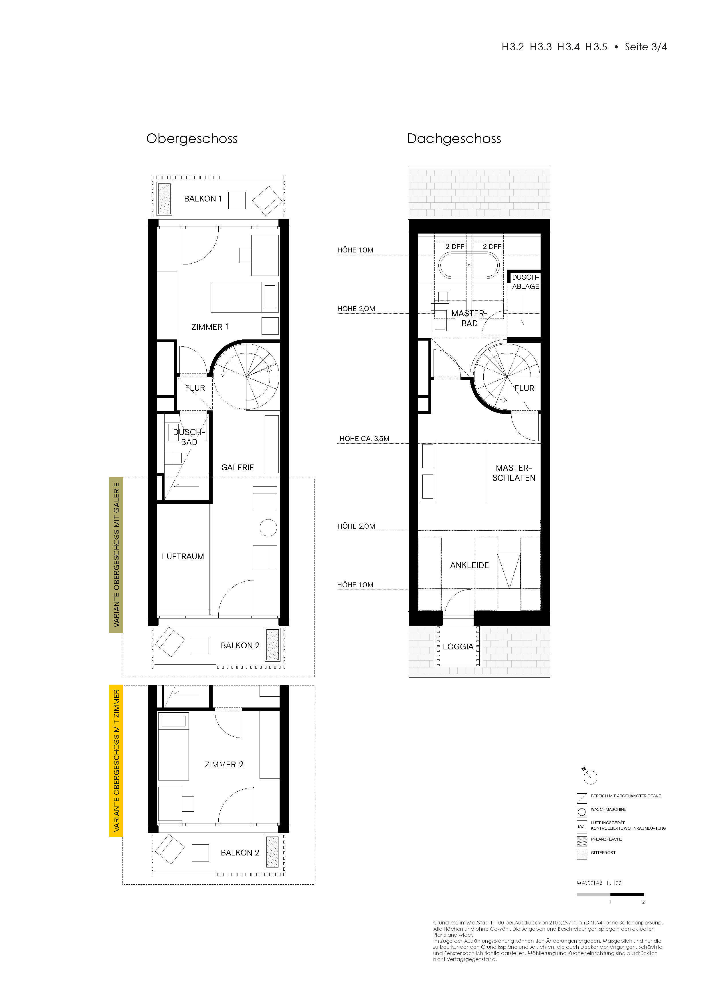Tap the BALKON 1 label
pos(203,199)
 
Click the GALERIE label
pos(238,467)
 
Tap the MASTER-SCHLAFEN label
pos(514,473)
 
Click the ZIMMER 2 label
pos(224,764)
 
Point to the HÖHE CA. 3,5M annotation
pos(365,438)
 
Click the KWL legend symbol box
pos(582,827)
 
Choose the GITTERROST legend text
pos(603,852)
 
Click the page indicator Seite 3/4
pos(646,47)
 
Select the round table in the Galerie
pos(268,528)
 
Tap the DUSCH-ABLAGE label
pos(525,282)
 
